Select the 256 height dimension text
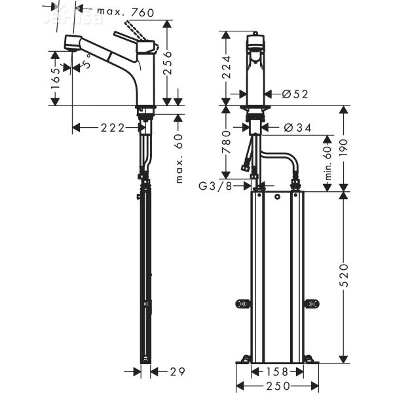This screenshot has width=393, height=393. point(168,64)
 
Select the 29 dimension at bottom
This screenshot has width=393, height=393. point(176,371)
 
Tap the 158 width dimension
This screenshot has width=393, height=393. point(276,371)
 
